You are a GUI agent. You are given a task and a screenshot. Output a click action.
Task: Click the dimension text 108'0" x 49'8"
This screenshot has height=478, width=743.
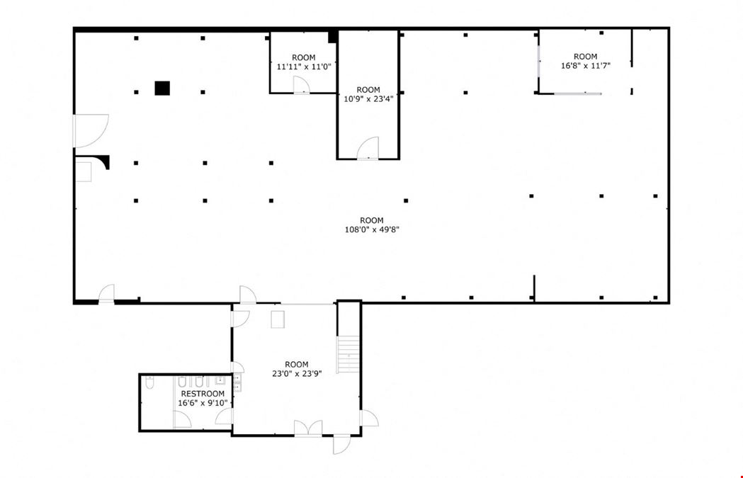(x=372, y=229)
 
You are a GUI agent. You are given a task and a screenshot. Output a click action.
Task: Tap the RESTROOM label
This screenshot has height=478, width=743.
(x=203, y=394)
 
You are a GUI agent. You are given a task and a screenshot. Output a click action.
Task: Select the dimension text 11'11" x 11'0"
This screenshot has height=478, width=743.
(x=304, y=67)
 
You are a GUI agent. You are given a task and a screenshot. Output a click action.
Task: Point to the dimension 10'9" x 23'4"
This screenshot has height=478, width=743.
(x=368, y=99)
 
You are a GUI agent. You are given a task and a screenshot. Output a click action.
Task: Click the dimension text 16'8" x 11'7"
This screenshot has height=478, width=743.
(x=586, y=66)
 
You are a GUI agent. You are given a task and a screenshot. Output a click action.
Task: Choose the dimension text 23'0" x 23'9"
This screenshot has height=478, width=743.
(x=297, y=373)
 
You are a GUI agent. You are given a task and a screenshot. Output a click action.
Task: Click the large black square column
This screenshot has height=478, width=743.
(x=162, y=88)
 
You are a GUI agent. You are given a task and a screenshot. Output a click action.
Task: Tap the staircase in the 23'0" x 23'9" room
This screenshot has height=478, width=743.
(x=348, y=354)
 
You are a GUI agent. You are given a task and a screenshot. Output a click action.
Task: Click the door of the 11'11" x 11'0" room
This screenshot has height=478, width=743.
(x=301, y=85)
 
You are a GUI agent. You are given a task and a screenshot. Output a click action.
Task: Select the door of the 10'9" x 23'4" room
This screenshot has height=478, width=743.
(x=368, y=148)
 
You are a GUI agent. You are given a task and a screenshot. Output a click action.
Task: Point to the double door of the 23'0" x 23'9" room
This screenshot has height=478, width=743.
(x=308, y=428)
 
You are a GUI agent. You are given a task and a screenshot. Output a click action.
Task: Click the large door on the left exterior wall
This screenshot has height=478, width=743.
(x=90, y=131)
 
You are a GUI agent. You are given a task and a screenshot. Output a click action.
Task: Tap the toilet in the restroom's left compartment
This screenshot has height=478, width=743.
(x=149, y=382)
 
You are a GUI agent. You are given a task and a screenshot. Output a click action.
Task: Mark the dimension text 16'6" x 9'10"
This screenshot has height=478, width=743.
(x=203, y=403)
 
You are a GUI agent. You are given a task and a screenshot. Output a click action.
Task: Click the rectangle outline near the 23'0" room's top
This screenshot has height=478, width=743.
(x=278, y=319)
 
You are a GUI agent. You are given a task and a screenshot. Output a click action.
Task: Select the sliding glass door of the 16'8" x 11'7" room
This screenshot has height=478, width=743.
(x=578, y=93)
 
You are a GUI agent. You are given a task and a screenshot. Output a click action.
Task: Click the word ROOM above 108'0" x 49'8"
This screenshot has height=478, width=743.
(x=372, y=220)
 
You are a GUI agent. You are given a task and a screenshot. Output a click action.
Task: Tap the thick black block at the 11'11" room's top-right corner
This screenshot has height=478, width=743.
(x=333, y=37)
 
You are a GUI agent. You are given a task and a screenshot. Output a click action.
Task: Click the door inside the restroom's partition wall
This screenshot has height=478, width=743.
(x=181, y=420)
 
